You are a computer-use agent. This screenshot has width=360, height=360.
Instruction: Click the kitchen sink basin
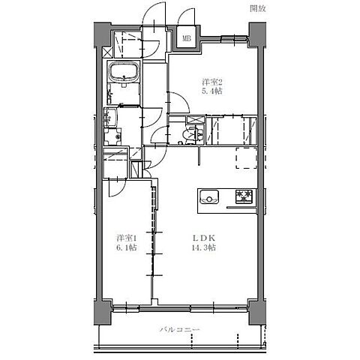tap(210, 197)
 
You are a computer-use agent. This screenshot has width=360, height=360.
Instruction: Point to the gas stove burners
tap(245, 197)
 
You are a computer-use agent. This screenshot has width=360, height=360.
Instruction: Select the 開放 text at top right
tap(258, 9)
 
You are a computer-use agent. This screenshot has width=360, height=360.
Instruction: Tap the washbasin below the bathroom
tap(112, 118)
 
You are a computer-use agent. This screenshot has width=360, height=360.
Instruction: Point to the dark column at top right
tap(256, 34)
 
